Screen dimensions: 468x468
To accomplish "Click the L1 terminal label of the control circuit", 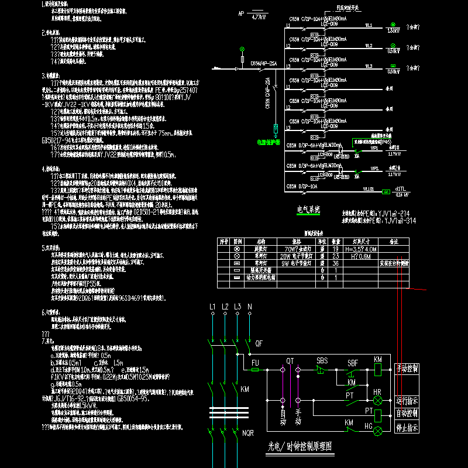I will (212, 307).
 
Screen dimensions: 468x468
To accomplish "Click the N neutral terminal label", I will (250, 307).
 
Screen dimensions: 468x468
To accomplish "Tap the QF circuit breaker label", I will (259, 343).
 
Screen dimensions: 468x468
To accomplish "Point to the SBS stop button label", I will (322, 360).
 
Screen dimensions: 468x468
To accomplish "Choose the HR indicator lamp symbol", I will (378, 401).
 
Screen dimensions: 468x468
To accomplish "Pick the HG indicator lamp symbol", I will (378, 431).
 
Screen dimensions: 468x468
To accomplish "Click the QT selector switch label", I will (290, 361).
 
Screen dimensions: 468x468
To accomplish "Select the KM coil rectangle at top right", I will (378, 370).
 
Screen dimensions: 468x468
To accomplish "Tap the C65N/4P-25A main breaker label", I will (263, 62).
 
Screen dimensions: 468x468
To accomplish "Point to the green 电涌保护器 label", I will (269, 141).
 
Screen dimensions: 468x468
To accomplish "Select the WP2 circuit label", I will (374, 168).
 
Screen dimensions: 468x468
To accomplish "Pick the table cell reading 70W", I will (288, 247).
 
